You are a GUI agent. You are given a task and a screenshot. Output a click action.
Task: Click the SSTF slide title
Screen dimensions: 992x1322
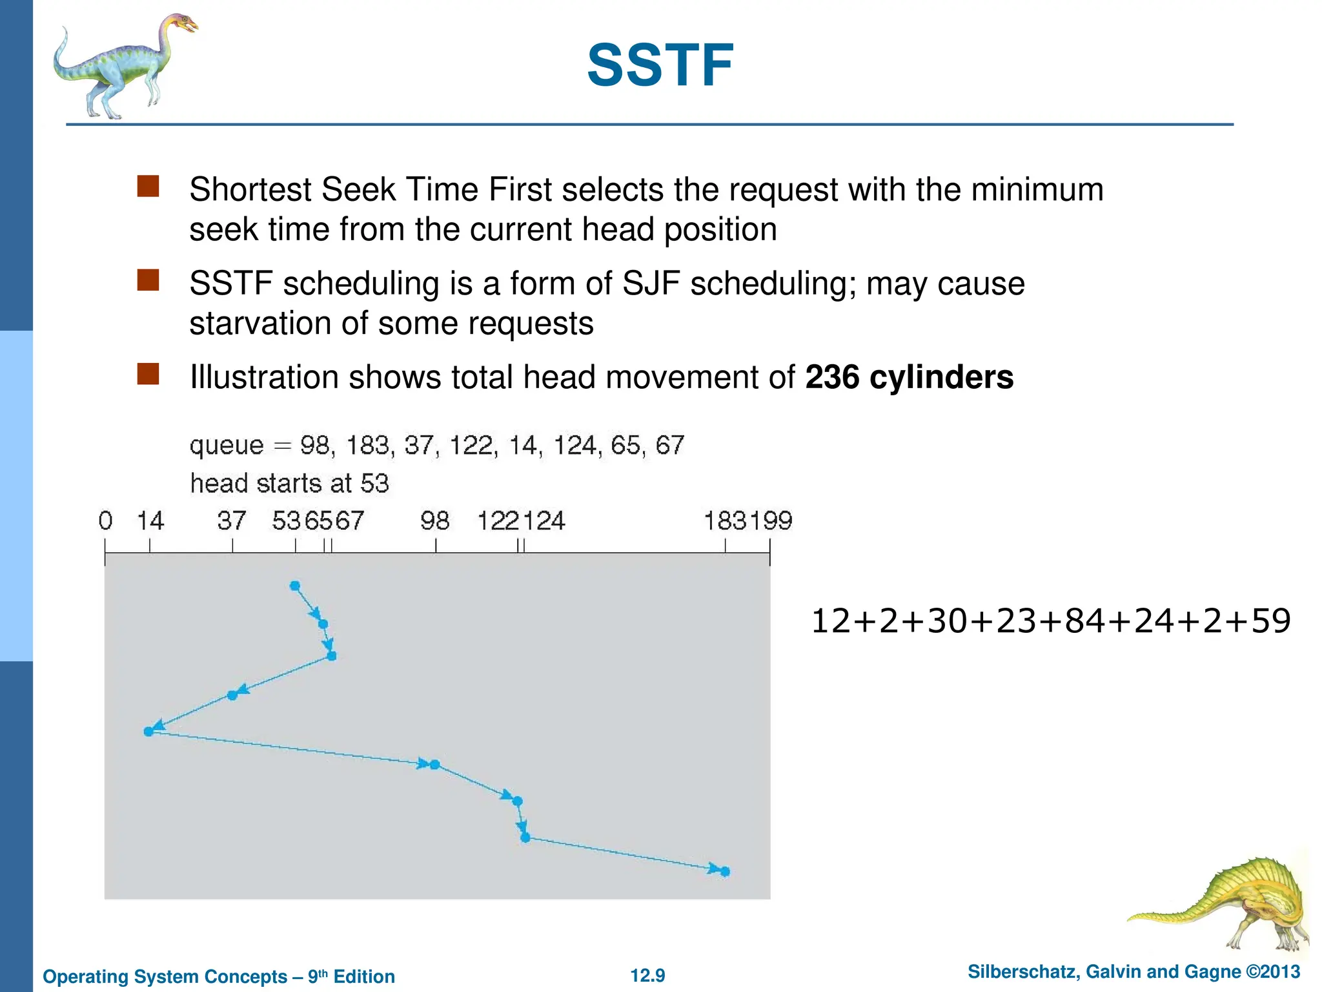point(660,65)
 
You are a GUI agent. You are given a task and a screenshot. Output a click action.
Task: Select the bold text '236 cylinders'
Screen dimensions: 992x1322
point(909,377)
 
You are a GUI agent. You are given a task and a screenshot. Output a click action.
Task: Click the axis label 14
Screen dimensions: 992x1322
point(150,521)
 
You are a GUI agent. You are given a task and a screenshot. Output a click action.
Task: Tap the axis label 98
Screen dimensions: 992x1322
point(434,521)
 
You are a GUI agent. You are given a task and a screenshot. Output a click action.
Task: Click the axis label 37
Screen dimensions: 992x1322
point(231,521)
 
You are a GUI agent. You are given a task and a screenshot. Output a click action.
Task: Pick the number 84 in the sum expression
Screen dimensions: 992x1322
point(1084,621)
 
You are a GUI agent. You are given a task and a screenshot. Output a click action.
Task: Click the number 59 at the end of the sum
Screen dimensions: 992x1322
point(1270,621)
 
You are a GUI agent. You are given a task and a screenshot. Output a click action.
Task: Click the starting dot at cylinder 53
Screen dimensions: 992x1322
point(295,586)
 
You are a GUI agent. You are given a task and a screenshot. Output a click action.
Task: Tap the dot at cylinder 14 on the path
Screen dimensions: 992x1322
point(148,732)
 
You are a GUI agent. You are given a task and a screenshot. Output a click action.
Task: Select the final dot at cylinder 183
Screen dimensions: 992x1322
point(725,872)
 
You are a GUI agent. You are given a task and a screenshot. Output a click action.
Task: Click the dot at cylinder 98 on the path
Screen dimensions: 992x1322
point(434,765)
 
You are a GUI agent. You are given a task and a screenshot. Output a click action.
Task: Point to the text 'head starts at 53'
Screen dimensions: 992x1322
point(289,484)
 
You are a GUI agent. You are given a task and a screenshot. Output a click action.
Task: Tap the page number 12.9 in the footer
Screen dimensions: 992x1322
point(647,975)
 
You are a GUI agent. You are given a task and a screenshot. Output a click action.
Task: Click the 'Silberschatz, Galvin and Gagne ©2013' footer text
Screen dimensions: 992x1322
point(1134,972)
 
